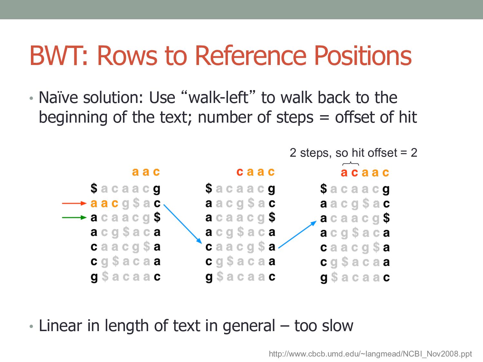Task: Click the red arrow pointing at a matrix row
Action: (74, 203)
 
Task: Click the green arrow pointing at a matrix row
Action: (74, 218)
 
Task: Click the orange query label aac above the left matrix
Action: (146, 172)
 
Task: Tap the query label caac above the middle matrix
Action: (255, 172)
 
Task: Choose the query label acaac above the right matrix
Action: (365, 173)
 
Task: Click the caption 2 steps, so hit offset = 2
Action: (353, 153)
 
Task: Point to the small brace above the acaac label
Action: (350, 164)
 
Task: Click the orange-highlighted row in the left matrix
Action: (125, 203)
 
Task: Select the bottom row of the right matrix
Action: (355, 277)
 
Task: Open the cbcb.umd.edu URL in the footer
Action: (370, 354)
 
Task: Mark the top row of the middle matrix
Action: (240, 189)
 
